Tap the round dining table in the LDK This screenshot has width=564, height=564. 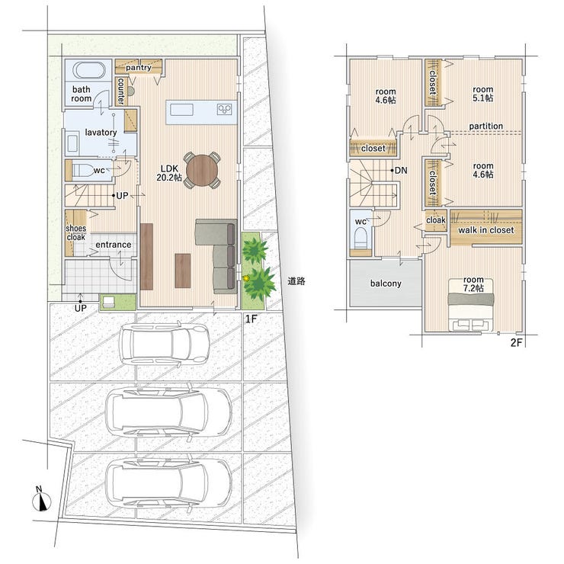tap(202, 170)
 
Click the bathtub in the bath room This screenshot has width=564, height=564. tap(89, 70)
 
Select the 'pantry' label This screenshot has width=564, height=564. tap(139, 67)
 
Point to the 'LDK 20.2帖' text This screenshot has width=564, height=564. tap(169, 173)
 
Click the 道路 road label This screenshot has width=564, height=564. tap(296, 281)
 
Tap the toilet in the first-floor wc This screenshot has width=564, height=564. tap(82, 170)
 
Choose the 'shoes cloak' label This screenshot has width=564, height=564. tap(76, 232)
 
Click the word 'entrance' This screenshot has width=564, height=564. tap(114, 245)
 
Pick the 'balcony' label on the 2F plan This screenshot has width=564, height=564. tap(386, 284)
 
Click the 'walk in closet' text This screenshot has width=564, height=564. tap(485, 230)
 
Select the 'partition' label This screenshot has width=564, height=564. tap(486, 127)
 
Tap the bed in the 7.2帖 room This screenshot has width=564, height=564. tap(471, 305)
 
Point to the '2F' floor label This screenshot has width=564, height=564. tap(516, 343)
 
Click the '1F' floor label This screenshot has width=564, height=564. tap(251, 319)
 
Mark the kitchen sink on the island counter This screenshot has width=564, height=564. tap(181, 109)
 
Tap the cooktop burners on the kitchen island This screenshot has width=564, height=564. tap(224, 109)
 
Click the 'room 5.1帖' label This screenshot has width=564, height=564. tap(483, 94)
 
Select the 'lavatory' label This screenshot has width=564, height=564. tap(101, 133)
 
